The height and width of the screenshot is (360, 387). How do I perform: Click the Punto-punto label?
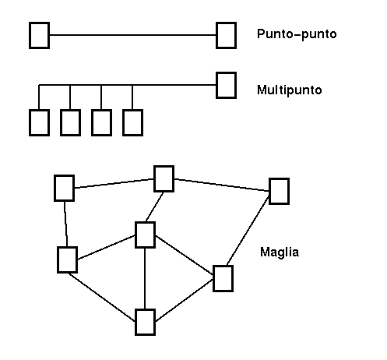pos(297,34)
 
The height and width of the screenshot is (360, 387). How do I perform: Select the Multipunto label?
pos(290,90)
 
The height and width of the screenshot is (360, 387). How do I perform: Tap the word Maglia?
pos(280,252)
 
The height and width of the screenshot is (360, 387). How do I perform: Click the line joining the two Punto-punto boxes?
pos(132,35)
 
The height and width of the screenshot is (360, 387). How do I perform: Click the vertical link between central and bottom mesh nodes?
pos(145,278)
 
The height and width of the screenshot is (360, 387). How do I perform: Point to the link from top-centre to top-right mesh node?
pos(221,185)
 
